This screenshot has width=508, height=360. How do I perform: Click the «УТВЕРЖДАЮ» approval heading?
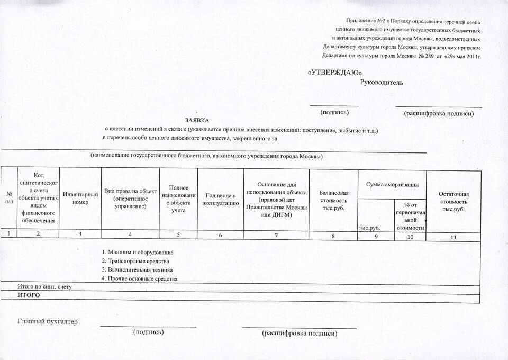click(335, 72)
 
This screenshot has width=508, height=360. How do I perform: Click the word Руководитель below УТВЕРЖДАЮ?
click(381, 82)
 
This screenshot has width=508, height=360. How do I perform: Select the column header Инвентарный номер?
click(80, 199)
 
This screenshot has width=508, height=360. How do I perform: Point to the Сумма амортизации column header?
click(392, 184)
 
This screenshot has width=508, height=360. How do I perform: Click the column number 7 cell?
click(276, 235)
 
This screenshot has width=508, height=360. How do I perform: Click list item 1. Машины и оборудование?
click(138, 252)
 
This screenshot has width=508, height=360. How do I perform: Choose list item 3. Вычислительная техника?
click(137, 269)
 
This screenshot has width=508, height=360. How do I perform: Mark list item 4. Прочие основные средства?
click(139, 278)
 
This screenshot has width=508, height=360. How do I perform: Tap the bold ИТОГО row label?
click(29, 294)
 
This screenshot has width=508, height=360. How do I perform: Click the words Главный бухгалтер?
click(48, 321)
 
